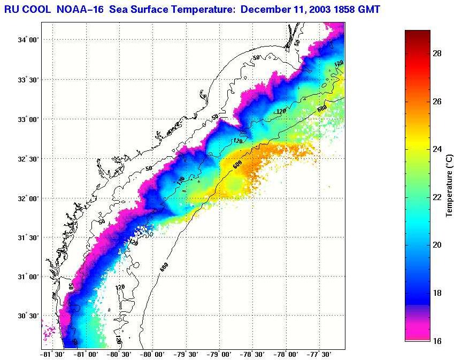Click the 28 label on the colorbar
[x=436, y=53]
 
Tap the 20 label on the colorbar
[x=436, y=245]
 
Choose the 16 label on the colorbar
[x=436, y=341]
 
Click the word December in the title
[x=263, y=9]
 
